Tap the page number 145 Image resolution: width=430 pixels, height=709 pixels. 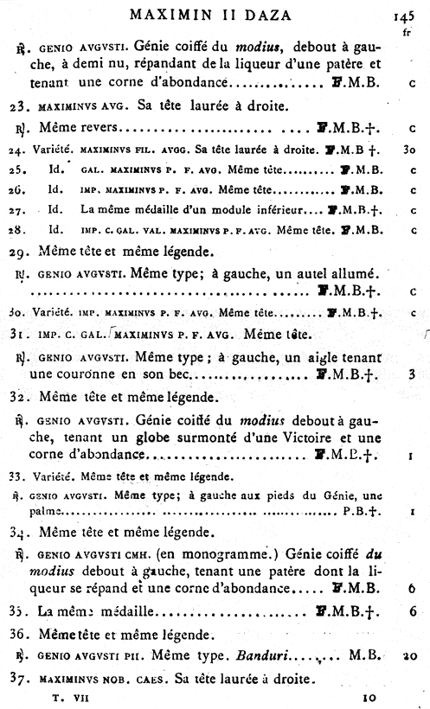(405, 15)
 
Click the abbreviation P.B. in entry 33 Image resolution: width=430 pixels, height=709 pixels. (354, 512)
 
